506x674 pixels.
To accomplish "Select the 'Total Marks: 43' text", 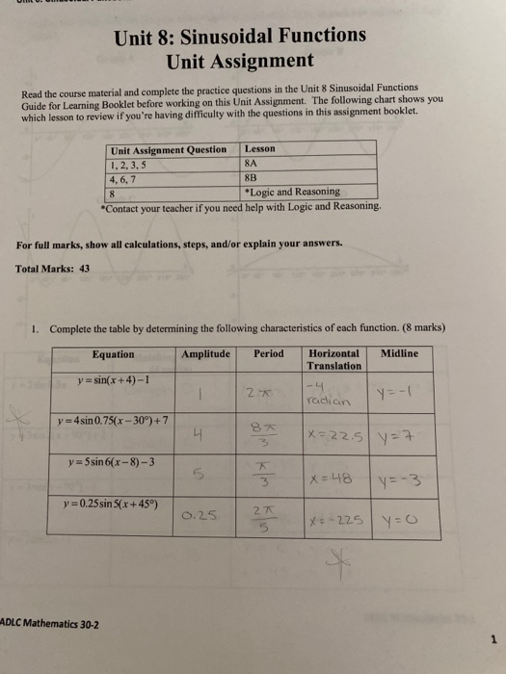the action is [53, 269].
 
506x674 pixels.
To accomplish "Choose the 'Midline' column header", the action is [400, 353].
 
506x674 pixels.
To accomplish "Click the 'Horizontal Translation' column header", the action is [334, 359].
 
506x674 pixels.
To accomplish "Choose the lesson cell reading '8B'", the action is [253, 177].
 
